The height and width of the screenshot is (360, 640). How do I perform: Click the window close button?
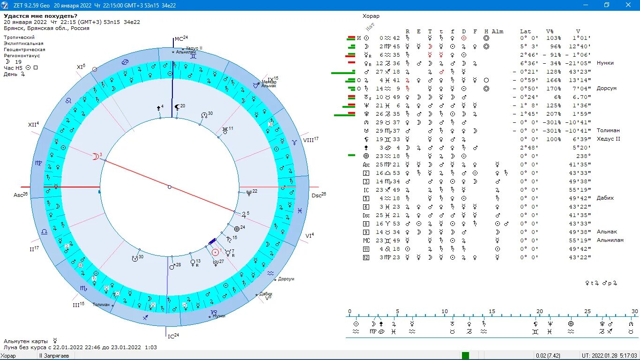(x=628, y=5)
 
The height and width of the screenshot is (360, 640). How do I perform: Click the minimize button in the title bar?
(x=585, y=5)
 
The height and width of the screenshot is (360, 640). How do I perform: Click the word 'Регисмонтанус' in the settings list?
(x=24, y=55)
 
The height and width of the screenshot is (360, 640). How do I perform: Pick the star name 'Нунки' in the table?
(x=605, y=63)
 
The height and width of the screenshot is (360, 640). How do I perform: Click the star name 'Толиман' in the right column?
(x=608, y=130)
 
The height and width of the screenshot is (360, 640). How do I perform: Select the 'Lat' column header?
(x=525, y=31)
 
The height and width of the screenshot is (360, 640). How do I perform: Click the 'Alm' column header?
(x=498, y=31)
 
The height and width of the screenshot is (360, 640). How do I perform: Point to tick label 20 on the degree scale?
(x=539, y=311)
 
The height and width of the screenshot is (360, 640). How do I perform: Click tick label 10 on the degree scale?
(x=444, y=311)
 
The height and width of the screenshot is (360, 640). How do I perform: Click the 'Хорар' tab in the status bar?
(x=8, y=356)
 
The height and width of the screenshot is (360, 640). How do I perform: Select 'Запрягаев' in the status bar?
(x=56, y=356)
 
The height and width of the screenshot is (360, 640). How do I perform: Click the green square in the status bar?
(x=465, y=356)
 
